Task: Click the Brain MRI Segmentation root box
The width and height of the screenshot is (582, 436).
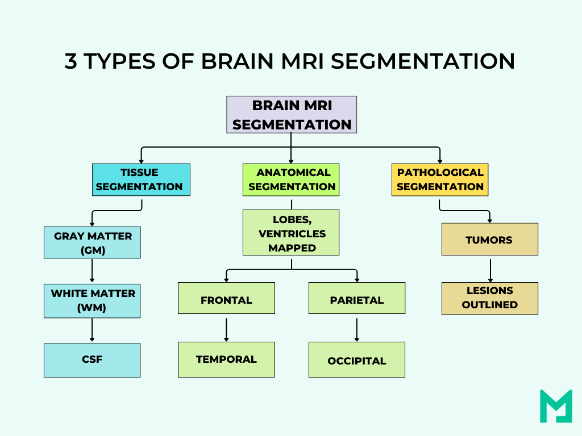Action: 292,114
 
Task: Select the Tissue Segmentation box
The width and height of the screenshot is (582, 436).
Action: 141,179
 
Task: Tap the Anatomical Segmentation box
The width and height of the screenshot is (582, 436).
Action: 291,179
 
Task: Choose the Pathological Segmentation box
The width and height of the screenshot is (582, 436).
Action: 440,179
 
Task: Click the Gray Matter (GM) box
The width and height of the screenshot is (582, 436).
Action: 92,242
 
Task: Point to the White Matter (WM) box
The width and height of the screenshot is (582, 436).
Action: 92,301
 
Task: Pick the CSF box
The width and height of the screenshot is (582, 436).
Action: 92,360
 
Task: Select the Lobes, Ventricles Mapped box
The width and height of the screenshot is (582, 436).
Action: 291,232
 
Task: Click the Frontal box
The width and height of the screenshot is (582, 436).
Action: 226,298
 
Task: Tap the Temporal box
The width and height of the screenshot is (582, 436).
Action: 226,359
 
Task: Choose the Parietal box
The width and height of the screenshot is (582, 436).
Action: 357,298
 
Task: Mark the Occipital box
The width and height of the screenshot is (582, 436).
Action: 357,360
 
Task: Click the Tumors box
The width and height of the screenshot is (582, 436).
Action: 490,239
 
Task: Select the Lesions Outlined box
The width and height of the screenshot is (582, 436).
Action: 490,298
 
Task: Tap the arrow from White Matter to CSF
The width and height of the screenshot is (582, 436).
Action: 92,330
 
